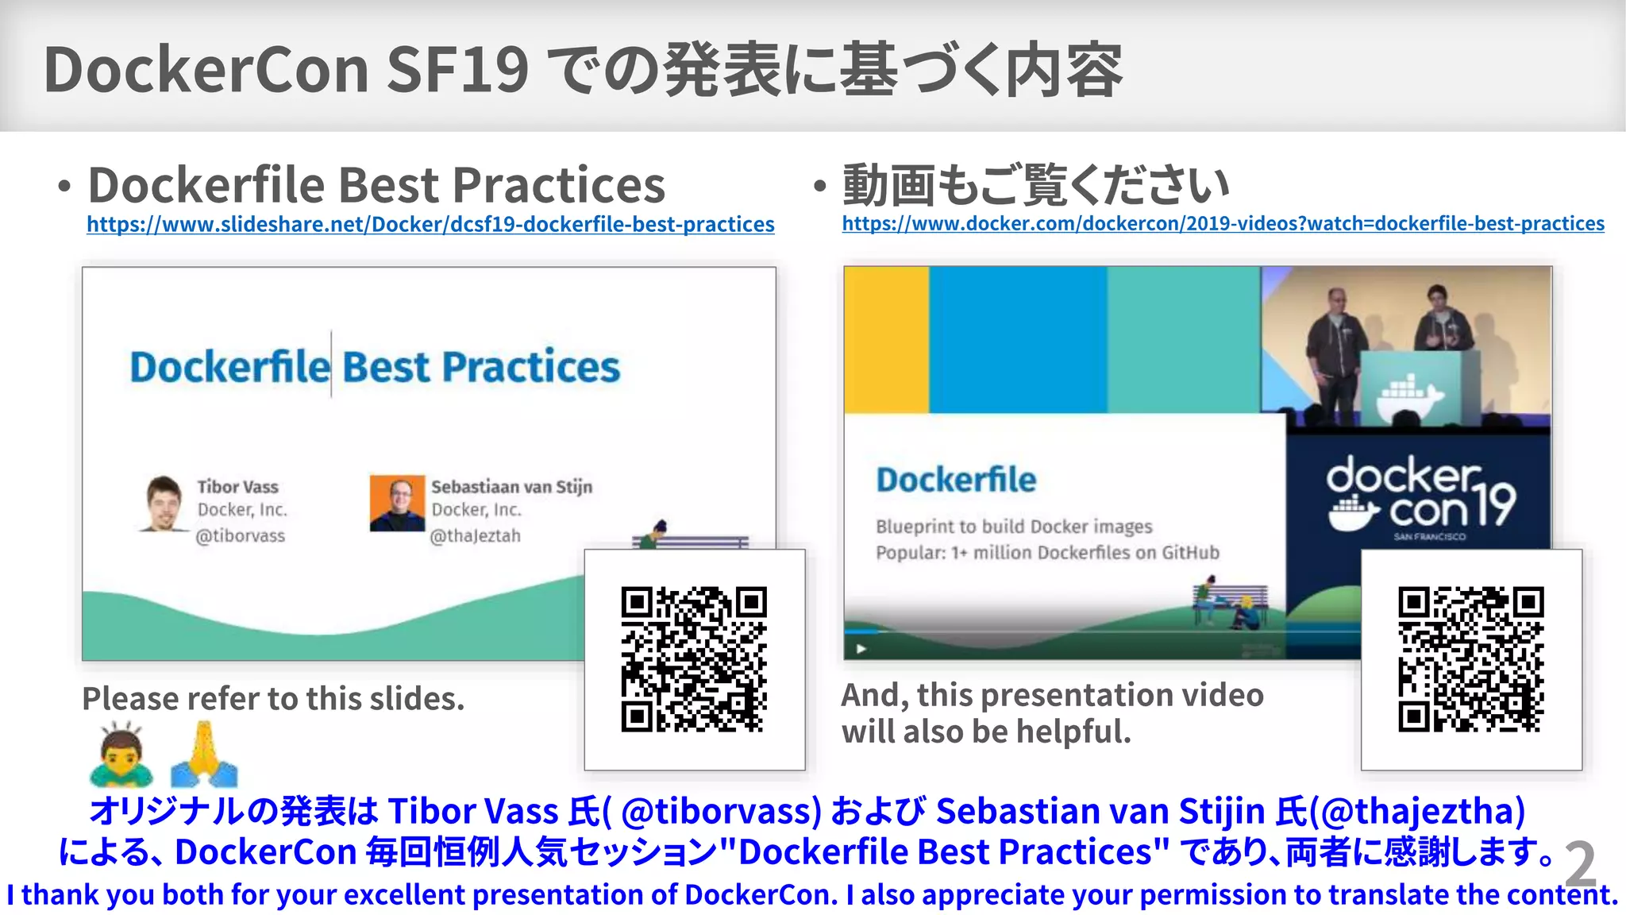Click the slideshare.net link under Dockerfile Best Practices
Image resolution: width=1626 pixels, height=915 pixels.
coord(430,225)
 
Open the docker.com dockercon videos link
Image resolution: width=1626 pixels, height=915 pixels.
coord(1223,224)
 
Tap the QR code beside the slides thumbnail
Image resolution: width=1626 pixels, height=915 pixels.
coord(694,659)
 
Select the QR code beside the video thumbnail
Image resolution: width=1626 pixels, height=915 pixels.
coord(1470,659)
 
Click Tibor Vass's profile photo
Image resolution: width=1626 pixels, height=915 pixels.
coord(164,504)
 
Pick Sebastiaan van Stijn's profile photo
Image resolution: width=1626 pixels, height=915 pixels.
coord(397,504)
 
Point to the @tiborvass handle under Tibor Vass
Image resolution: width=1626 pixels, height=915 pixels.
coord(241,536)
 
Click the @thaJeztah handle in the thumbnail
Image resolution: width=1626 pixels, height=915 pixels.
coord(475,536)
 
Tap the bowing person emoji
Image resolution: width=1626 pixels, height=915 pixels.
coord(121,754)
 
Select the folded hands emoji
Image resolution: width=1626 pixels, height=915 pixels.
coord(203,754)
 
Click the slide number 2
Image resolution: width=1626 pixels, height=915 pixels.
coord(1580,865)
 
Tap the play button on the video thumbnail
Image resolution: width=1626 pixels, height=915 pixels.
coord(861,649)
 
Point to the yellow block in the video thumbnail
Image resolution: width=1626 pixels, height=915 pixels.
coord(886,340)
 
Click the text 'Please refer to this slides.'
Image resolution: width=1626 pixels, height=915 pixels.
coord(273,699)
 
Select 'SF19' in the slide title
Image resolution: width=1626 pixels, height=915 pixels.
coord(457,70)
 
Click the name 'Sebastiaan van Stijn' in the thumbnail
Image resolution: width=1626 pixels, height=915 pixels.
coord(511,486)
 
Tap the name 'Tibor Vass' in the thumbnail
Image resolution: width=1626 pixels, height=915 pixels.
coord(237,487)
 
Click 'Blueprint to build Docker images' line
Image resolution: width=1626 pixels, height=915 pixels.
coord(1014,527)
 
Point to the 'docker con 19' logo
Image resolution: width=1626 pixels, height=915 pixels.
coord(1420,496)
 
